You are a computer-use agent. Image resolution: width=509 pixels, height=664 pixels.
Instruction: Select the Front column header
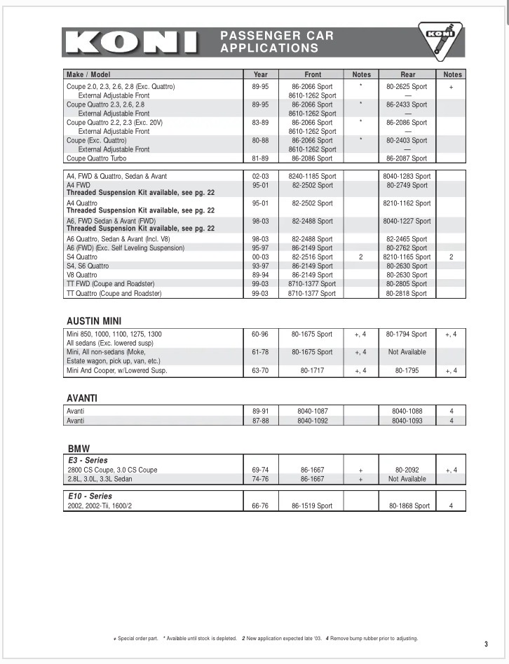click(x=313, y=74)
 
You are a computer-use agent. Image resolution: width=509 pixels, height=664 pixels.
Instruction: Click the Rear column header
click(x=407, y=74)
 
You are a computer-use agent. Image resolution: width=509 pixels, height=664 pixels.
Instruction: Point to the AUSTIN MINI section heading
click(x=94, y=321)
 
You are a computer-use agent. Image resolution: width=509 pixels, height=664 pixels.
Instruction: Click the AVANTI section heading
click(x=82, y=398)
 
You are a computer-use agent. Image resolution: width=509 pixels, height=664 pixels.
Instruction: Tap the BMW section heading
click(x=79, y=449)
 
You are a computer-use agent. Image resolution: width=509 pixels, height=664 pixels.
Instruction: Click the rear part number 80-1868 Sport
click(x=407, y=506)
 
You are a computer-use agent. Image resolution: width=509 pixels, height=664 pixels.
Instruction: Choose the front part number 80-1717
click(x=313, y=370)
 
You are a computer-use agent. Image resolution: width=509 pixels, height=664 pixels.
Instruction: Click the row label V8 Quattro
click(x=82, y=275)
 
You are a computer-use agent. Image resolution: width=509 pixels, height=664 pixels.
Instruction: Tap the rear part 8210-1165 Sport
click(x=407, y=257)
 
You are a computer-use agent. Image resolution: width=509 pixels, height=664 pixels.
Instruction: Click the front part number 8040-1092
click(x=313, y=421)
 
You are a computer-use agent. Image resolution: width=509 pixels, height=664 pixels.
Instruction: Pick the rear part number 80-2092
click(x=407, y=470)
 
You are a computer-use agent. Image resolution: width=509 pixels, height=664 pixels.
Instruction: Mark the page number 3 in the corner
click(x=486, y=644)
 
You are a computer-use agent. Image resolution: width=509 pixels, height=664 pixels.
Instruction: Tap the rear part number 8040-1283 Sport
click(x=407, y=176)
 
